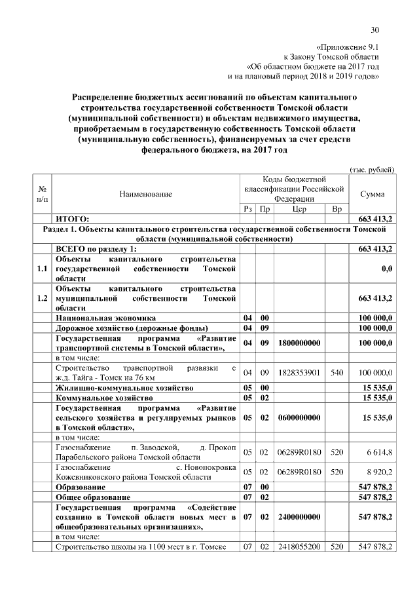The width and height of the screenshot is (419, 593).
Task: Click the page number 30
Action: [x=375, y=29]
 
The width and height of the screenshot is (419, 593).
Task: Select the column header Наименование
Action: [x=145, y=195]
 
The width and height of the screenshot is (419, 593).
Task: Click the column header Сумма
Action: [x=373, y=195]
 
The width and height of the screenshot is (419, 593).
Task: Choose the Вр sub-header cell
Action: [x=337, y=209]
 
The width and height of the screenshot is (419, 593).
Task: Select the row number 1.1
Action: [x=43, y=269]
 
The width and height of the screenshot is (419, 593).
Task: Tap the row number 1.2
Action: [x=43, y=298]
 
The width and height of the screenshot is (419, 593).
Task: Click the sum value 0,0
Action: [x=386, y=269]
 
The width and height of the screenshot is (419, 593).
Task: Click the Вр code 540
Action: [x=337, y=372]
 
